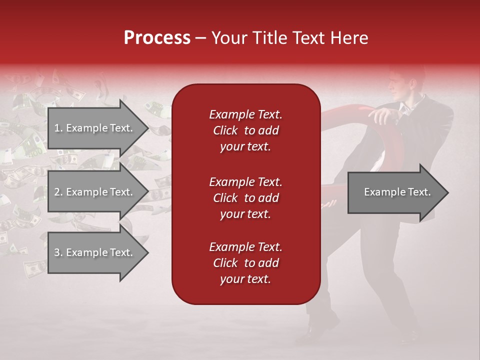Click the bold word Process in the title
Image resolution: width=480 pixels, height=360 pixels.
157,38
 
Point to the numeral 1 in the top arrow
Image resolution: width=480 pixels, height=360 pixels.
56,128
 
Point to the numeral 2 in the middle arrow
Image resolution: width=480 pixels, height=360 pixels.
57,192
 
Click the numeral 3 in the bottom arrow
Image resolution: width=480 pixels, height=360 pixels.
57,252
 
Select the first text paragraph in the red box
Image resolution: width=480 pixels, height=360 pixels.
245,130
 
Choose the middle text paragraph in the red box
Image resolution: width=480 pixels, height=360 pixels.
245,198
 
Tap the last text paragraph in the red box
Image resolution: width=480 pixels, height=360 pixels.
245,263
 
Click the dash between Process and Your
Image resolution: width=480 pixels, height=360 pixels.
200,38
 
